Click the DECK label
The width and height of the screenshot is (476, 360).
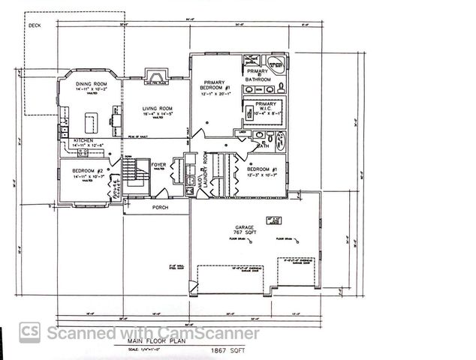pos(35,25)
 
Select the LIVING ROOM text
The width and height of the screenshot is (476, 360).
pos(158,109)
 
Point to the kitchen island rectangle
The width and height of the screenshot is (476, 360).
pos(92,119)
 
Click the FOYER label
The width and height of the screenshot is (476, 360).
pos(158,165)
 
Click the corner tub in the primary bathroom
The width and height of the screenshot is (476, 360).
pos(276,64)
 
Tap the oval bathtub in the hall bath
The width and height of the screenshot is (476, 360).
pos(280,141)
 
